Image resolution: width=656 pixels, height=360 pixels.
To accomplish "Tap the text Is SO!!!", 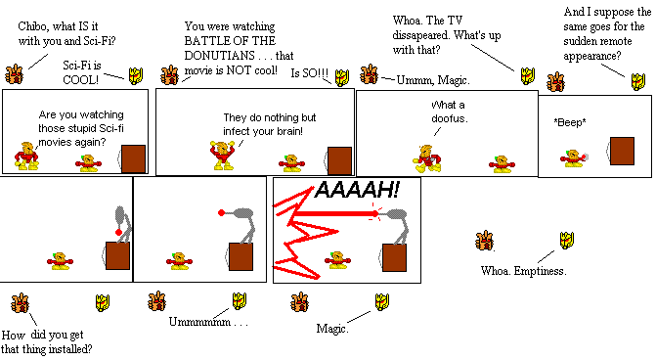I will point(311,74).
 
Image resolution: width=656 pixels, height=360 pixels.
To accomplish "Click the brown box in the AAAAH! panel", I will point(395,258).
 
